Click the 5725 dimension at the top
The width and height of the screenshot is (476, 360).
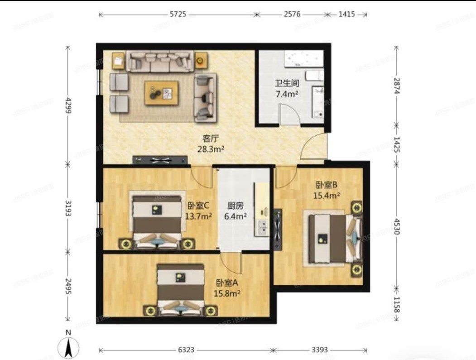point(178,14)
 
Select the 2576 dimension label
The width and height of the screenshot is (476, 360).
point(292,14)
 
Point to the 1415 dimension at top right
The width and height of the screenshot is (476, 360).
point(346,14)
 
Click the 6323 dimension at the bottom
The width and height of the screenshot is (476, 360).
point(186,350)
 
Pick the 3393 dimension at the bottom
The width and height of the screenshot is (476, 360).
point(320,350)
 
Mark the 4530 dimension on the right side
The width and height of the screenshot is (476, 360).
point(397,226)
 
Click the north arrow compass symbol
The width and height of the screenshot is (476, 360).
point(68,346)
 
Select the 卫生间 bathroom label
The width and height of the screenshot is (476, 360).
point(287,84)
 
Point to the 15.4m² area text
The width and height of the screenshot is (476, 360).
point(327,196)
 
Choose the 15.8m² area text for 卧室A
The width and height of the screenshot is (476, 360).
point(227,293)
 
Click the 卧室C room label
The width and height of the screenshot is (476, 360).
point(199,205)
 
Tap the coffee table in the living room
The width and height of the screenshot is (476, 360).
point(161,93)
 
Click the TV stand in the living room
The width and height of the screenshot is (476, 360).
point(160,160)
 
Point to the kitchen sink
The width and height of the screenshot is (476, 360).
point(262,227)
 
